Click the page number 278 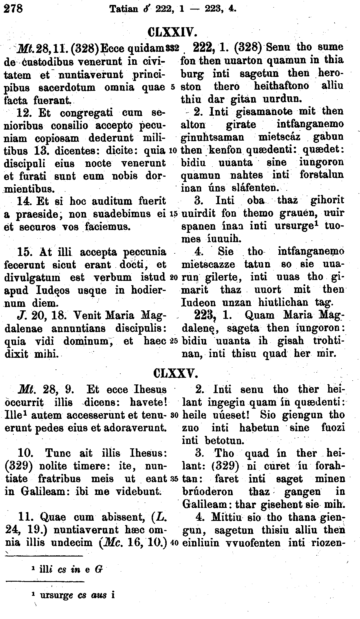click(13, 8)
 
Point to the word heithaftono click(281, 86)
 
